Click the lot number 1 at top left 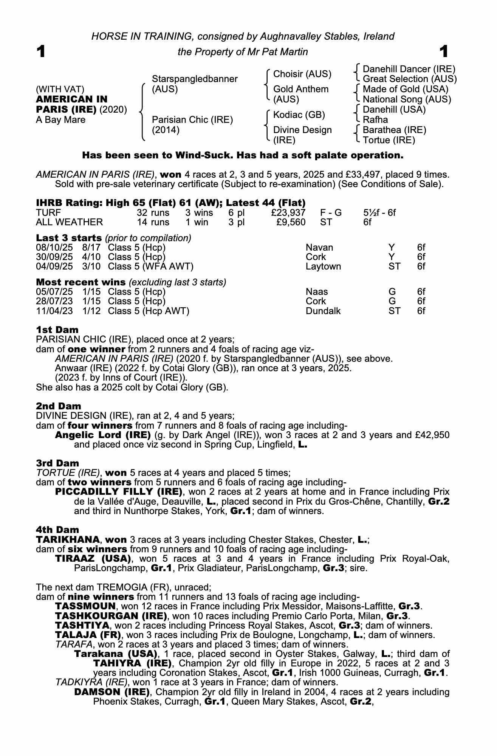coord(41,51)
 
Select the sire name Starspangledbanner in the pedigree coord(194,79)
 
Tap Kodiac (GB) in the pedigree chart coord(299,115)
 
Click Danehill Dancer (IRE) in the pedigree coord(409,69)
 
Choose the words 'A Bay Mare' coord(60,120)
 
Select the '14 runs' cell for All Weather coord(153,222)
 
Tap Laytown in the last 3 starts coord(323,266)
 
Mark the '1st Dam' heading coord(57,330)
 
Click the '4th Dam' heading coord(57,530)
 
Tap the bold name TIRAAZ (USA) coord(93,558)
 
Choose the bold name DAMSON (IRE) coord(112,692)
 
